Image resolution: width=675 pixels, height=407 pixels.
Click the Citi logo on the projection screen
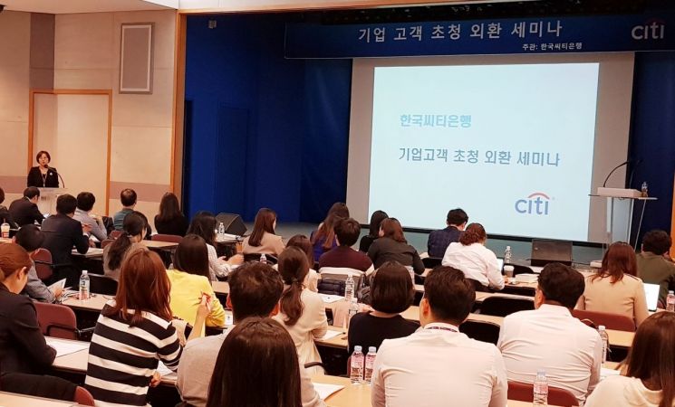click(x=533, y=203)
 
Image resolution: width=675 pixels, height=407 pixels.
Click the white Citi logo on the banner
click(x=647, y=31)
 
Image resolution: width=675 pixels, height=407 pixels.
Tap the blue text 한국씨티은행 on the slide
click(x=435, y=120)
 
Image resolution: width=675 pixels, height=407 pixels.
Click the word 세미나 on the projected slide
click(x=535, y=158)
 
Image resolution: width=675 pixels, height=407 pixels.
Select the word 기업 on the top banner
click(x=371, y=35)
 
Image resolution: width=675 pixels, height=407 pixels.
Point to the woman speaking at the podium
click(x=43, y=172)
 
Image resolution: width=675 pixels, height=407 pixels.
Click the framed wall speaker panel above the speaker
click(x=136, y=58)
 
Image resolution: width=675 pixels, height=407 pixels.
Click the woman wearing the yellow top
click(x=194, y=286)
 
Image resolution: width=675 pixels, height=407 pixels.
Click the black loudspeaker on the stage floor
click(x=231, y=223)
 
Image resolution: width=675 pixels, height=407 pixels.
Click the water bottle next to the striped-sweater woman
click(x=84, y=285)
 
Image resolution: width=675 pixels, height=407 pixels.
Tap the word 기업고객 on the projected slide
click(x=421, y=156)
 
